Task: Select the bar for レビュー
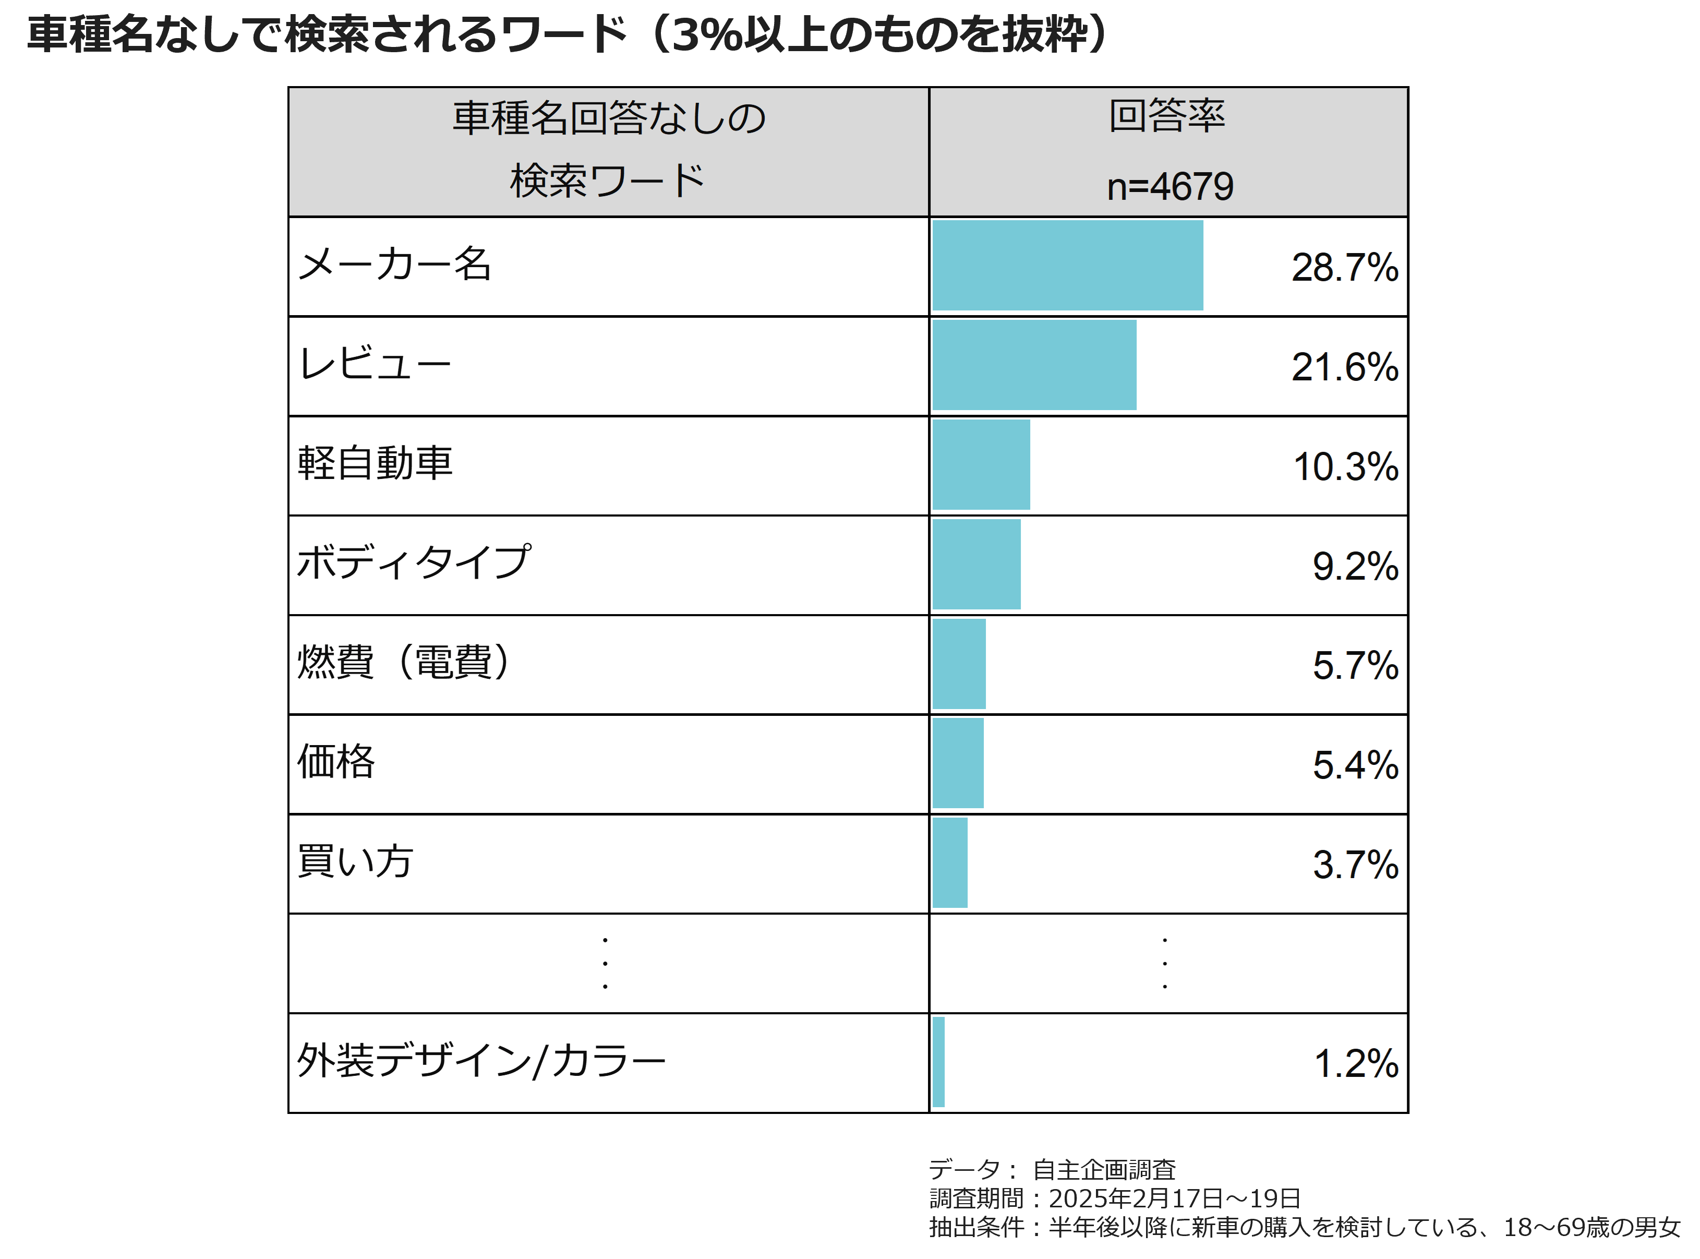pos(1034,365)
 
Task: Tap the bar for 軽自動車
pos(981,465)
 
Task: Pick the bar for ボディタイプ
pos(976,564)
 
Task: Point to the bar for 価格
pos(958,763)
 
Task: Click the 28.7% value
pos(1344,268)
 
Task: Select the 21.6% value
pos(1344,367)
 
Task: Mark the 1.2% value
pos(1356,1063)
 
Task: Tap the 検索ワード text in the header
pos(607,182)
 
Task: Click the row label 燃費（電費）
pos(404,662)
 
